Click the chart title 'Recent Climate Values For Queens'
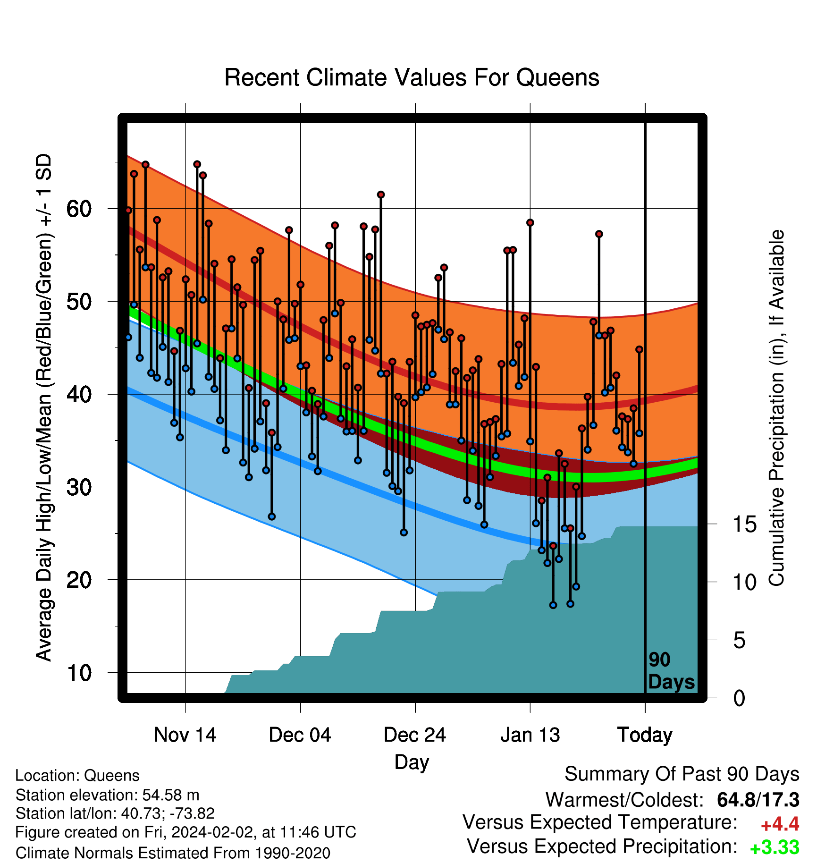point(412,77)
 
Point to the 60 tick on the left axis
point(79,209)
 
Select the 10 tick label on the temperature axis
point(79,673)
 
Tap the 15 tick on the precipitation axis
point(744,525)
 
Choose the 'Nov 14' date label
point(185,735)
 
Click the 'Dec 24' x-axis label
point(415,735)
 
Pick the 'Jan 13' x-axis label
point(530,735)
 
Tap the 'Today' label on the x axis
point(645,735)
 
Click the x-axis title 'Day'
point(412,762)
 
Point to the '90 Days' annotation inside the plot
point(671,671)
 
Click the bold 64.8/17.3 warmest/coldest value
point(758,800)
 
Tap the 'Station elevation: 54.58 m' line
point(108,795)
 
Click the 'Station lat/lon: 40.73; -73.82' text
point(115,813)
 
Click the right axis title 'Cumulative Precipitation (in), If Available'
point(776,408)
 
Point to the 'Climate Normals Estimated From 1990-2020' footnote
point(173,853)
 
